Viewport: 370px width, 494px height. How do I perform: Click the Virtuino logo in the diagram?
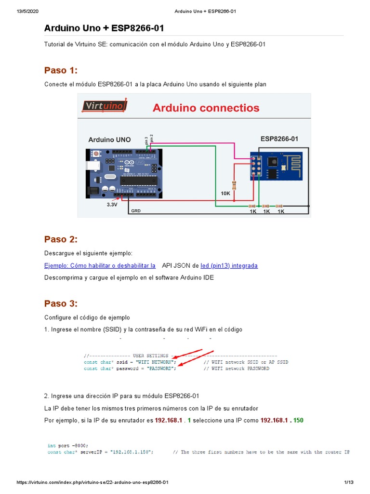pos(105,106)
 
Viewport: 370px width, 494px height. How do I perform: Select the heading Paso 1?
pos(61,70)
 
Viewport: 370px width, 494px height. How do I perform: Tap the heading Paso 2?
pos(61,239)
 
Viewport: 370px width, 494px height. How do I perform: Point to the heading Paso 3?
pos(61,303)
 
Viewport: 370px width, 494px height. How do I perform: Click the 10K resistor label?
pos(226,193)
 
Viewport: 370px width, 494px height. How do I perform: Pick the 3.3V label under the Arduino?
pos(112,204)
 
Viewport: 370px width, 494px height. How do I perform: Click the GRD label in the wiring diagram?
pos(136,211)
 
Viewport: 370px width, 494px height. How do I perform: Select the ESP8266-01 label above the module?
pos(279,138)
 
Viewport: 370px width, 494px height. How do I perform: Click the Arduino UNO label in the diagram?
pos(109,139)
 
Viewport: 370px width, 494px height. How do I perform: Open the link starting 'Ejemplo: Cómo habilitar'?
pos(100,265)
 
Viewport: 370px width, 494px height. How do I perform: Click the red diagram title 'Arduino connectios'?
pos(206,108)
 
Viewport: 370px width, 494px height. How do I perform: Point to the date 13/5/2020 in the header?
pos(27,11)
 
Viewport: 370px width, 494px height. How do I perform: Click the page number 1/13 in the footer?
pos(349,482)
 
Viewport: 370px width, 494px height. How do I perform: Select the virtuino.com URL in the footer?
pos(92,482)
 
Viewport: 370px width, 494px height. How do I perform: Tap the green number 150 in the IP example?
pos(298,420)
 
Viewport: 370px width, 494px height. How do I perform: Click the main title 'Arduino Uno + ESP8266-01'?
pos(107,28)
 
